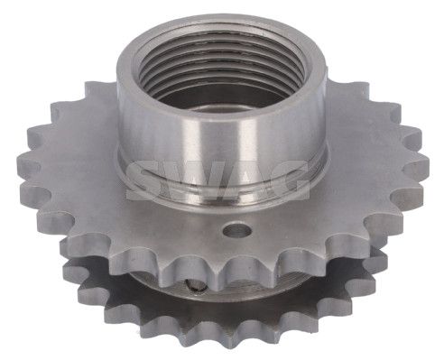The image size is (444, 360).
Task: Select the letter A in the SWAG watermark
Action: click(x=244, y=180)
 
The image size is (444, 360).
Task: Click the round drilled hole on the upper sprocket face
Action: click(x=237, y=230)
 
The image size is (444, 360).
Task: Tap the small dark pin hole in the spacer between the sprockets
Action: click(x=194, y=286)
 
